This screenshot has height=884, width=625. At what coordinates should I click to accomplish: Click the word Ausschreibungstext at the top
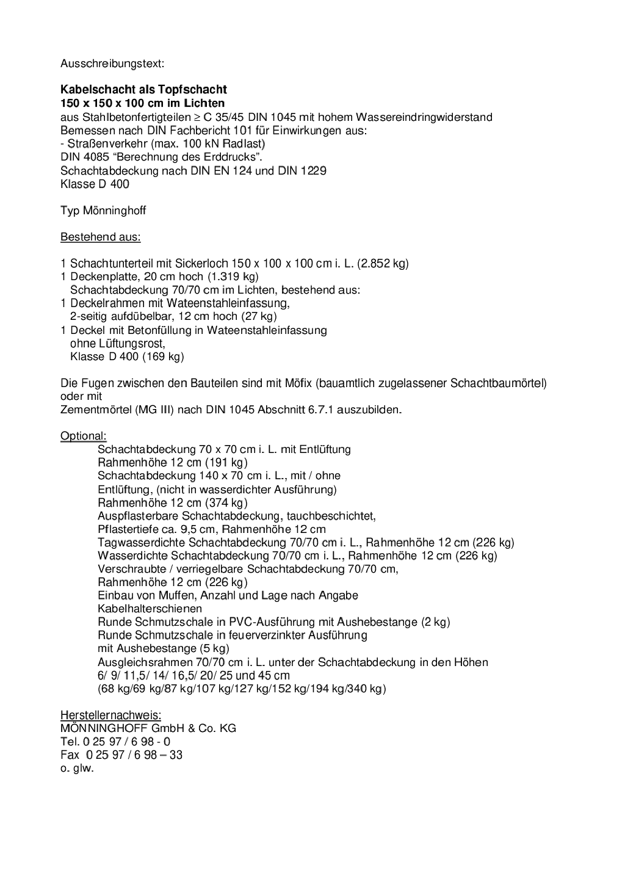[111, 63]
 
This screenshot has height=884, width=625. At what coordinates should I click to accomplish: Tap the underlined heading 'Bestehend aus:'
[100, 237]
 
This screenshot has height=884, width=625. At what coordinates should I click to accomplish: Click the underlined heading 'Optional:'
[83, 436]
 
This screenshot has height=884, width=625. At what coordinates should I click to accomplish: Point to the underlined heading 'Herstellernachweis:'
[110, 715]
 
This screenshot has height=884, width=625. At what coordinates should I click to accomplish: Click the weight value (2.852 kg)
[383, 264]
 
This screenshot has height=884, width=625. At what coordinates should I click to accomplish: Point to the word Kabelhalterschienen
[150, 609]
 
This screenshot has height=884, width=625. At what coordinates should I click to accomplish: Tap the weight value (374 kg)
[226, 503]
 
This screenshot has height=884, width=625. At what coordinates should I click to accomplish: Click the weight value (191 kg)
[226, 463]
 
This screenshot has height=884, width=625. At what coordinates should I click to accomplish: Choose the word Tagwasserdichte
[142, 543]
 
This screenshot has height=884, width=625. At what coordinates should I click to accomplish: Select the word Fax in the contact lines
[70, 755]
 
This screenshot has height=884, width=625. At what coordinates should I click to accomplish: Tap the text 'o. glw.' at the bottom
[77, 769]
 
